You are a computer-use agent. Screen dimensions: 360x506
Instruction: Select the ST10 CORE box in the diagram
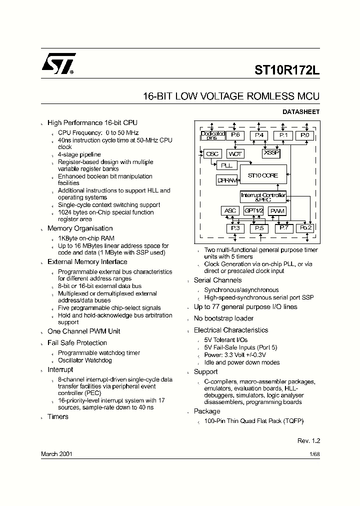(263, 175)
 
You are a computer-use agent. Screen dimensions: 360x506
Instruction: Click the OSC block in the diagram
(212, 154)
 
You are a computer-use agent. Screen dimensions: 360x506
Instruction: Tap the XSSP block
(271, 152)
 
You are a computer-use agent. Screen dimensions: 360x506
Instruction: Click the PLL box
(226, 165)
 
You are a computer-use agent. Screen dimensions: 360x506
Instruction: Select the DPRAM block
(226, 180)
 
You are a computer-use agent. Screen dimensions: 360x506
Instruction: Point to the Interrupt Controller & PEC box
(263, 197)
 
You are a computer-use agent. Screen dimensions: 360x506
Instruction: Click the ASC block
(230, 211)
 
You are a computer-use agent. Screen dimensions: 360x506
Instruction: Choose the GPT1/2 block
(254, 211)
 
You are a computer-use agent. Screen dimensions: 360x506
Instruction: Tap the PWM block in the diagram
(277, 211)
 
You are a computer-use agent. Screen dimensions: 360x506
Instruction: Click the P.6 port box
(235, 135)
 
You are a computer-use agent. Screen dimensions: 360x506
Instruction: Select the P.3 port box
(234, 228)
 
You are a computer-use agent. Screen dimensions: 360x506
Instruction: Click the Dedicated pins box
(212, 135)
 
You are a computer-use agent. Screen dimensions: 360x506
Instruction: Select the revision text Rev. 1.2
(308, 440)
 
